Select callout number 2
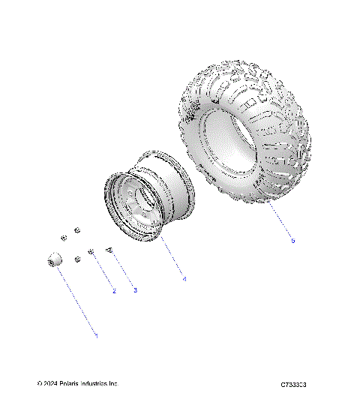[114, 290]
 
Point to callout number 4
[184, 278]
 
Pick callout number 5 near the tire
[292, 241]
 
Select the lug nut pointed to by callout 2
[91, 253]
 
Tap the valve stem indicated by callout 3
[109, 250]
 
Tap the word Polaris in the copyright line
[74, 384]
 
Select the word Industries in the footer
[101, 384]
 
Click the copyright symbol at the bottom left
[39, 384]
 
